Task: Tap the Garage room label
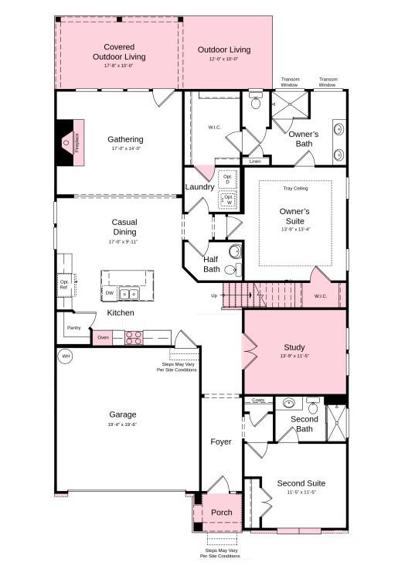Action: click(x=122, y=414)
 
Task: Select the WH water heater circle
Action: click(x=66, y=356)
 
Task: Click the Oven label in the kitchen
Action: click(x=103, y=338)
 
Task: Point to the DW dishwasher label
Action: click(x=109, y=294)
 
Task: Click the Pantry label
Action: click(x=73, y=328)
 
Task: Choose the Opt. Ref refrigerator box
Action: click(x=64, y=285)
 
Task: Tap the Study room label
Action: click(x=294, y=347)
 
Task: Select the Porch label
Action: click(x=222, y=513)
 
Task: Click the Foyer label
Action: click(x=221, y=442)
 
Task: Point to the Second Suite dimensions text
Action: click(x=301, y=493)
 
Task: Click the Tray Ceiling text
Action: click(x=294, y=188)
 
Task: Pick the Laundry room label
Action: click(x=199, y=187)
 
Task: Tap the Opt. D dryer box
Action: click(x=227, y=179)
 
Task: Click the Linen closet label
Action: click(x=255, y=162)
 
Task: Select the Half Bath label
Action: click(x=212, y=264)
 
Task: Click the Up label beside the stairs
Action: click(x=214, y=295)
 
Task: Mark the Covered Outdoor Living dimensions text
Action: click(x=119, y=66)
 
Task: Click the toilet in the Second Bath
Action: click(x=313, y=405)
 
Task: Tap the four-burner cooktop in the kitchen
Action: click(x=133, y=338)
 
